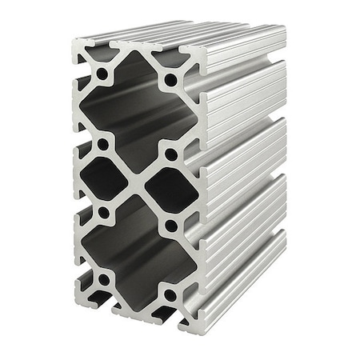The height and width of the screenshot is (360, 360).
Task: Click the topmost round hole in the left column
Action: [102, 74]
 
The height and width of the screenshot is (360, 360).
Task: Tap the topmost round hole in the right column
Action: [170, 80]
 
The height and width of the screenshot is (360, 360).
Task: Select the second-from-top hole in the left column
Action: [102, 145]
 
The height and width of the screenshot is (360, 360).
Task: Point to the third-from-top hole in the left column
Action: [103, 213]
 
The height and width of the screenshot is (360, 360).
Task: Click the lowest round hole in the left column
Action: [102, 279]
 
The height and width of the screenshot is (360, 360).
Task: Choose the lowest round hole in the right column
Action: [170, 295]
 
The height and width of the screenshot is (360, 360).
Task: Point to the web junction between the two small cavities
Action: [137, 183]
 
